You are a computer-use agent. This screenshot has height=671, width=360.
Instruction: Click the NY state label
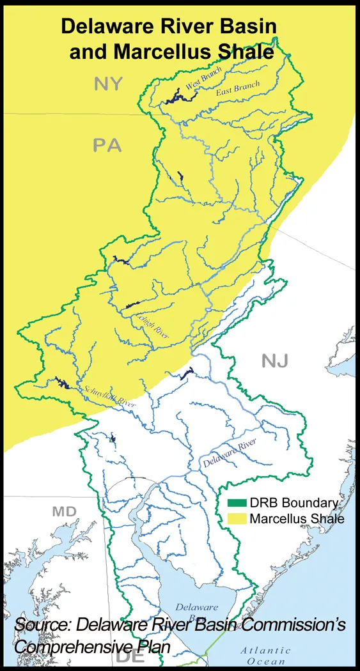(x=109, y=84)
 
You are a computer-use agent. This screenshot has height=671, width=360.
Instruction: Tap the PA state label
(x=107, y=146)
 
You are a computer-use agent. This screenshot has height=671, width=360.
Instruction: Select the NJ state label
(x=275, y=362)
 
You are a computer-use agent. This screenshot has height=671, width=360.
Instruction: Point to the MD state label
(x=64, y=511)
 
